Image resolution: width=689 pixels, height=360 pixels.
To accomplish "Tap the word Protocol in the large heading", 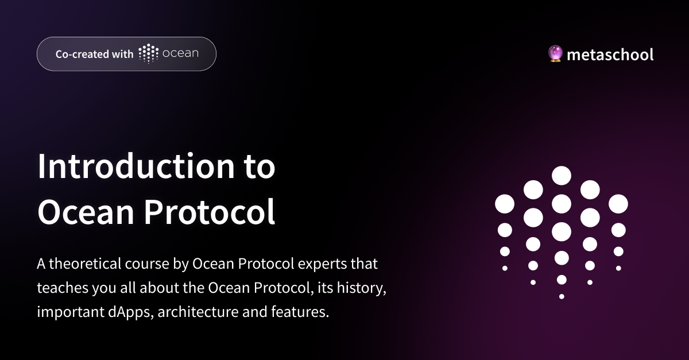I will click(209, 212).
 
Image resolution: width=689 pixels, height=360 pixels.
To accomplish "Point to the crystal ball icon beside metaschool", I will click(555, 55).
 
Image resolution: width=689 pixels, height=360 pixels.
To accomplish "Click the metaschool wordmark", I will click(610, 55).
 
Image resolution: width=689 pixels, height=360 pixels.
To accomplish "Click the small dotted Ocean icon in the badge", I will click(148, 53).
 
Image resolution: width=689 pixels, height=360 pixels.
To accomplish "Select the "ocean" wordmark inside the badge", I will click(180, 53).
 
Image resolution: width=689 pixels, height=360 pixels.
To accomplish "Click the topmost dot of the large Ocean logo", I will click(562, 175).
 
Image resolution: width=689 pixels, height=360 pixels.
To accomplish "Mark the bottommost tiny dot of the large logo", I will click(562, 296).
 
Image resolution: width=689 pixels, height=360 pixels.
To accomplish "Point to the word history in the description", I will click(361, 289).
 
